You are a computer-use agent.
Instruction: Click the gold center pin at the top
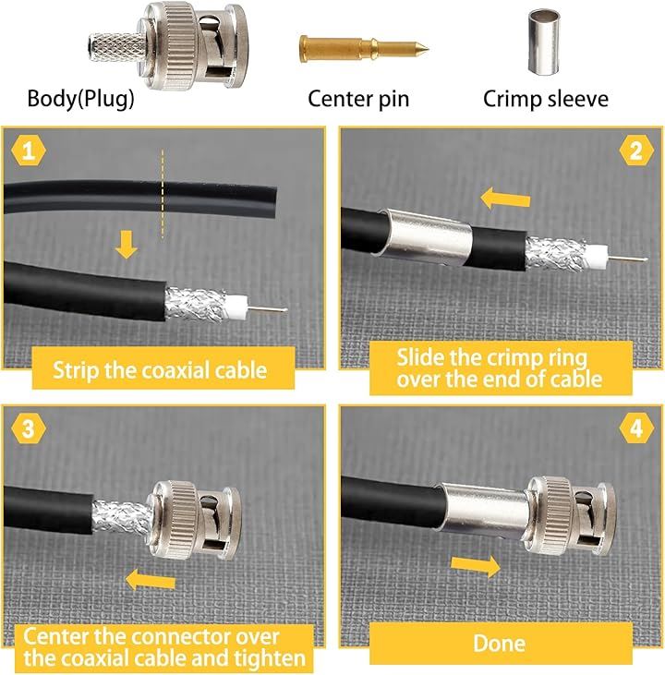click(364, 48)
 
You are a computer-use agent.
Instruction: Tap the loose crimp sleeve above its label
click(544, 42)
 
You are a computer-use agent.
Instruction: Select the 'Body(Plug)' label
click(80, 99)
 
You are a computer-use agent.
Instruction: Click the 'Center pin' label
click(358, 99)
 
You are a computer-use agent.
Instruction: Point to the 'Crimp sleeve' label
click(546, 99)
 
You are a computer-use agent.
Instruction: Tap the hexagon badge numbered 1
click(29, 151)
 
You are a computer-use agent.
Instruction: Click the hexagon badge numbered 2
click(636, 151)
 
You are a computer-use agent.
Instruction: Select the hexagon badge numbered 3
click(29, 428)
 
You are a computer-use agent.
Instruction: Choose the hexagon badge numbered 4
click(636, 428)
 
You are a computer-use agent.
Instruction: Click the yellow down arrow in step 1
click(127, 245)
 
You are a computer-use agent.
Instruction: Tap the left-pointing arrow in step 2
click(505, 199)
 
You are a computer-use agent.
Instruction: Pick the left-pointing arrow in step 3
click(151, 580)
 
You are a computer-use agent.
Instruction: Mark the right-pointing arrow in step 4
click(476, 566)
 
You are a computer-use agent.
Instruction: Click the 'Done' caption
click(499, 644)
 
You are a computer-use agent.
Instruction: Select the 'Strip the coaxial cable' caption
click(160, 369)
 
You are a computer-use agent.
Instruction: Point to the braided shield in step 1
click(195, 304)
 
